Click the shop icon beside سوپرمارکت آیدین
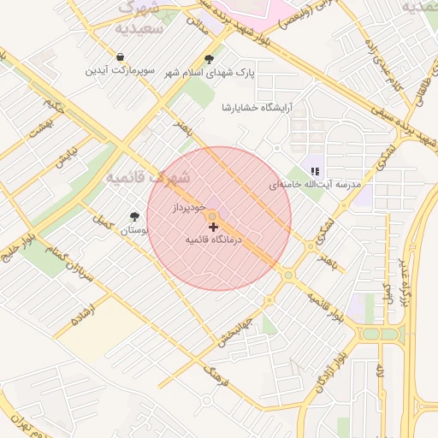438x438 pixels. (x=121, y=56)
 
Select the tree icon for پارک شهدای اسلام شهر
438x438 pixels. (x=210, y=59)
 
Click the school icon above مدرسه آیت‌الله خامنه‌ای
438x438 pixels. (x=316, y=171)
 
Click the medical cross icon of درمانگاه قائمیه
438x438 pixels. (x=213, y=227)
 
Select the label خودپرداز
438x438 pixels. (x=187, y=208)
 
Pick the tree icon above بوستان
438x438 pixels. (x=133, y=217)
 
